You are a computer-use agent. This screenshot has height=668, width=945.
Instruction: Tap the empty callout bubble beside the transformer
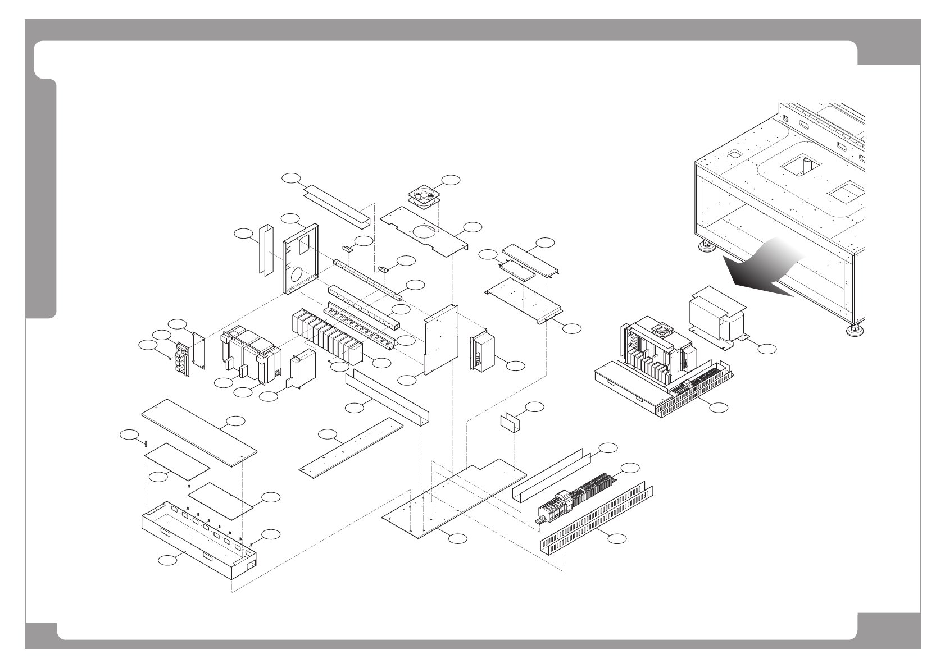766,349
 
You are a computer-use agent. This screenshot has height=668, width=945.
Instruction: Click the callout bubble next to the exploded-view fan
451,180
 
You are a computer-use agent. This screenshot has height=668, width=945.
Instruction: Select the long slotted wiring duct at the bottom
596,522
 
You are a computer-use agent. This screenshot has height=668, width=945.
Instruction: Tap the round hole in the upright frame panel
296,275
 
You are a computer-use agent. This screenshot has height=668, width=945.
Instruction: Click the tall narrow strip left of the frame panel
265,250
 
